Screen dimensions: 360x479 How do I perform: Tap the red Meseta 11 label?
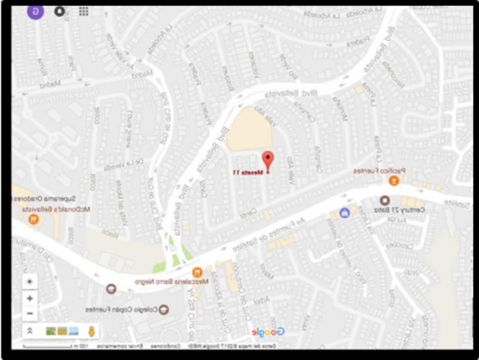pyautogui.click(x=248, y=173)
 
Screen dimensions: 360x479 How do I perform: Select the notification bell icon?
pyautogui.click(x=60, y=11)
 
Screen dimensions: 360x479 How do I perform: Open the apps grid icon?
pyautogui.click(x=83, y=11)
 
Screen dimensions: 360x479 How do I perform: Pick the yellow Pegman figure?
pyautogui.click(x=91, y=331)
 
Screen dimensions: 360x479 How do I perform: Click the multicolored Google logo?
pyautogui.click(x=268, y=332)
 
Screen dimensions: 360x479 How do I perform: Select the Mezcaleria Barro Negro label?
pyautogui.click(x=172, y=282)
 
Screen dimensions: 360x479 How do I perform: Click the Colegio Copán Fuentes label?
pyautogui.click(x=121, y=310)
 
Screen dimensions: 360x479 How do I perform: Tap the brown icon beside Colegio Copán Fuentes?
pyautogui.click(x=163, y=309)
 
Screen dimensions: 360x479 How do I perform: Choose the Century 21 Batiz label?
pyautogui.click(x=399, y=210)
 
